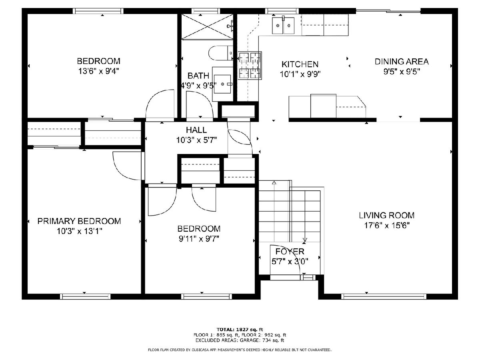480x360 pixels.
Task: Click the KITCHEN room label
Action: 300,64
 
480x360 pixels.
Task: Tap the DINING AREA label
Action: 402,62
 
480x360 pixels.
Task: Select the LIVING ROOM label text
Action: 387,215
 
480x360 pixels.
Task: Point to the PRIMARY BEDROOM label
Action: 79,221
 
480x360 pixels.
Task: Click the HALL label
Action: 196,130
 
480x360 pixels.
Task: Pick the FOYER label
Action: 290,252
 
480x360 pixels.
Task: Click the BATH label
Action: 198,76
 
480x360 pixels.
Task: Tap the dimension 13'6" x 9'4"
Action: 99,71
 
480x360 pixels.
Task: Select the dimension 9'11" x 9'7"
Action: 199,239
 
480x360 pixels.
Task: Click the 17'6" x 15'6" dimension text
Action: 387,225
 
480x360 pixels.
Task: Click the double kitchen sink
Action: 283,25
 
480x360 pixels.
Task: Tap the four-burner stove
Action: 250,66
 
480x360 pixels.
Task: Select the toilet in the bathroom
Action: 221,53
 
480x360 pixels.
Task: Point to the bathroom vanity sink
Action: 222,84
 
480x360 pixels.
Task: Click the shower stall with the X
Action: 207,26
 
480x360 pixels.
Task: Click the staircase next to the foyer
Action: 290,211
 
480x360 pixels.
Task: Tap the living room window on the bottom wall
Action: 384,296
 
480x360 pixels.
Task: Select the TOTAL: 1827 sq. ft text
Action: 240,329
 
